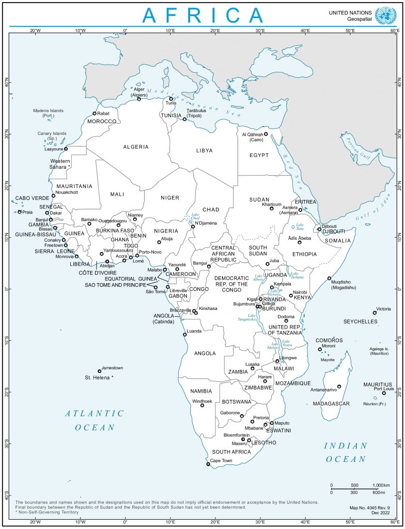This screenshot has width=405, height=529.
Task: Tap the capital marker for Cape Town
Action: click(208, 464)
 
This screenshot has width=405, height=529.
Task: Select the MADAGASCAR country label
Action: click(332, 403)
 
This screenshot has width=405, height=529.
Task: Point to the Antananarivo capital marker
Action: click(339, 386)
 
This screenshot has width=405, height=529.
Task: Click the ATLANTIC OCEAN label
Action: click(95, 420)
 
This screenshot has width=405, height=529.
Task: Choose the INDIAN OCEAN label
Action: click(346, 452)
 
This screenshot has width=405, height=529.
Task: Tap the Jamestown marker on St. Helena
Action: click(100, 371)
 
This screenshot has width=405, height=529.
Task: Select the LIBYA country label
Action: click(204, 150)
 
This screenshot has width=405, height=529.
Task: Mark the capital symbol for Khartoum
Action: click(272, 208)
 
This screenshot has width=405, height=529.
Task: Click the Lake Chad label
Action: click(195, 217)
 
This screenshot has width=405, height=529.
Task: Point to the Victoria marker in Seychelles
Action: click(375, 313)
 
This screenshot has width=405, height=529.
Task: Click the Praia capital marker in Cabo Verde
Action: click(20, 212)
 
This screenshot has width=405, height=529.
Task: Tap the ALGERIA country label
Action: click(136, 147)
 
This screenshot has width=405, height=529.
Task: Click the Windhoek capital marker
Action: click(202, 406)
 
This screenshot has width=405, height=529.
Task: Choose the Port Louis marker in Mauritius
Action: click(384, 393)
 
